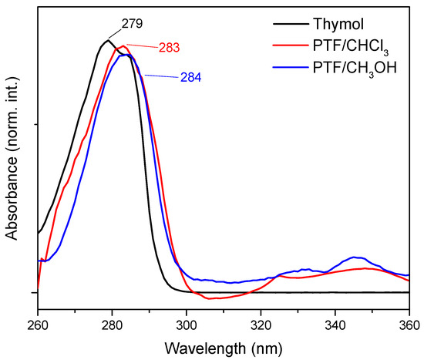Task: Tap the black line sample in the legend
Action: [284, 25]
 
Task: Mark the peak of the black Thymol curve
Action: [108, 40]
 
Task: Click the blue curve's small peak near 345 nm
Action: [355, 257]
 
